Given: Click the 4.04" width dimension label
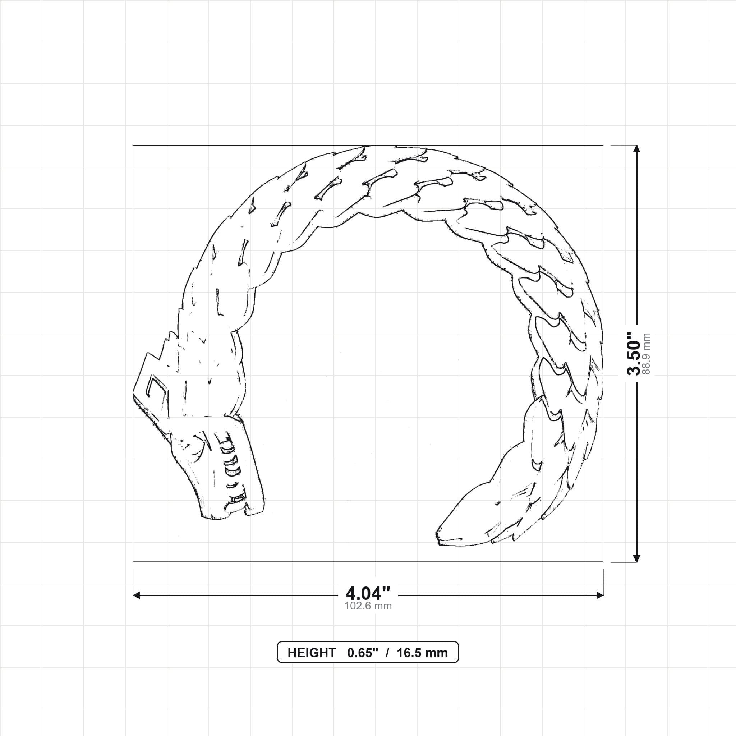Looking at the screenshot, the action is point(368,593).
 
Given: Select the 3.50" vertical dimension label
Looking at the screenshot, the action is point(634,353).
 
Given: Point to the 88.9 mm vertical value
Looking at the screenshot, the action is point(646,354).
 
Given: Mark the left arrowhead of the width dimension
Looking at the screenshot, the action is point(136,595).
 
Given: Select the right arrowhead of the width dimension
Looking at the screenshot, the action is point(600,595).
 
